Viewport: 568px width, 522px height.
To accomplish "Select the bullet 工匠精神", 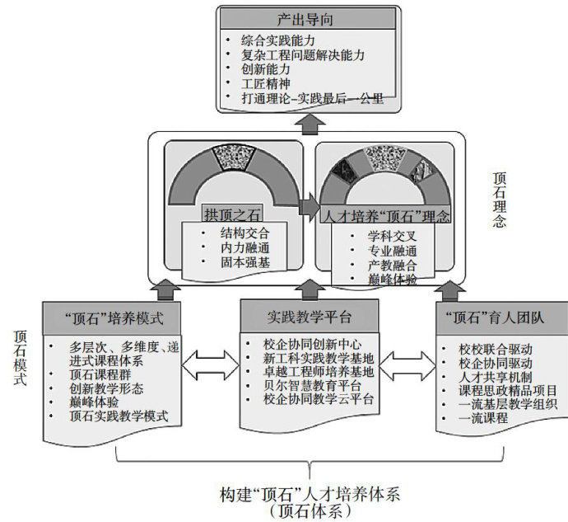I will click(265, 82).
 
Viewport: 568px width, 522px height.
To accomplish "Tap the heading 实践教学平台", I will click(309, 317).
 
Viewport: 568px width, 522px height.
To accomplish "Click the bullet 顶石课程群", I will click(103, 374).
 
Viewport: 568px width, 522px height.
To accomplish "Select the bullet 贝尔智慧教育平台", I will click(314, 385).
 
